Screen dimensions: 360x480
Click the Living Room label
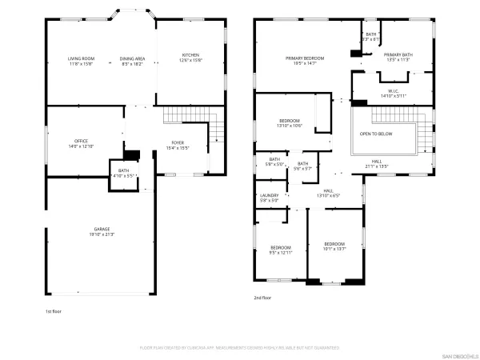tap(81, 58)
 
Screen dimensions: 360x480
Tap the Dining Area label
tap(132, 58)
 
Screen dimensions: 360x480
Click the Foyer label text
tap(178, 143)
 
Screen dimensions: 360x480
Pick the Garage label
tap(101, 229)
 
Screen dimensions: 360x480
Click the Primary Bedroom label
tap(306, 58)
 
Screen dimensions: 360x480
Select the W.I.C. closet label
tap(394, 91)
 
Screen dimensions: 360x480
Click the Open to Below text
tap(377, 134)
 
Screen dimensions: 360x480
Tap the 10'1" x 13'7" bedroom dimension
tap(334, 249)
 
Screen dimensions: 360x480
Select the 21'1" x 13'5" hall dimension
tap(376, 166)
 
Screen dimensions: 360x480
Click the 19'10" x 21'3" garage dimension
tap(101, 234)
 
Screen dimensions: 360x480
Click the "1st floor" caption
tap(54, 310)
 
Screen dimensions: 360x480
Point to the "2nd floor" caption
tap(262, 298)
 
